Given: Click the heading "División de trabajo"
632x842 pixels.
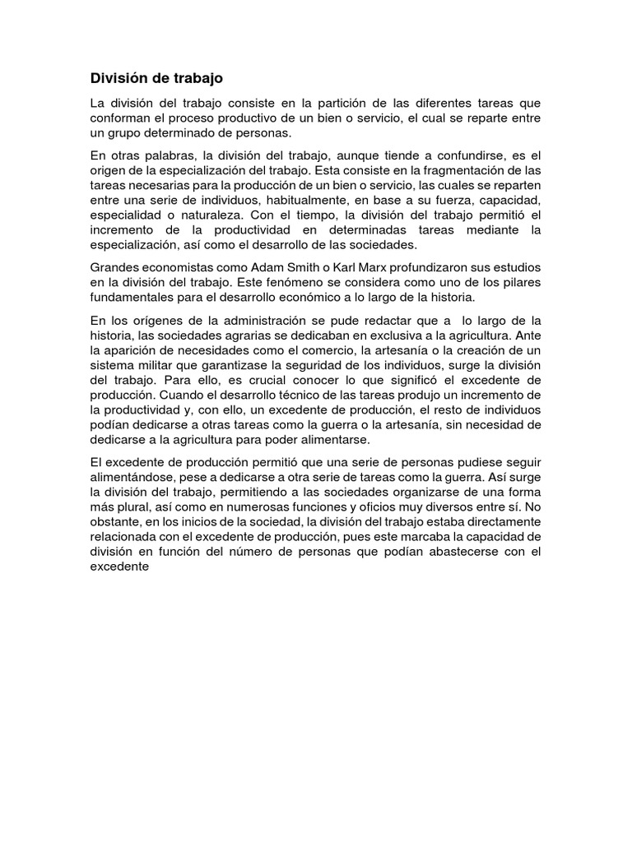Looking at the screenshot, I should (156, 78).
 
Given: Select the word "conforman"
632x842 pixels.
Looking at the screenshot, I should (122, 118).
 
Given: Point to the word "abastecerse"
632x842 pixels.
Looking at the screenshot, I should (461, 551).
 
